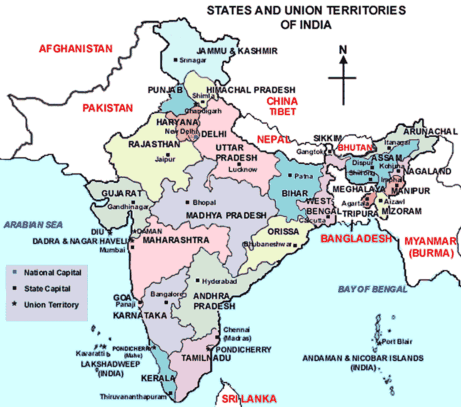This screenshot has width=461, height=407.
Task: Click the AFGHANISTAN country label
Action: coord(75,49)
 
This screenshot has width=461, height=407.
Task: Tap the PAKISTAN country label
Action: coord(107,108)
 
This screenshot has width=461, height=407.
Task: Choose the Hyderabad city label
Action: coord(218,281)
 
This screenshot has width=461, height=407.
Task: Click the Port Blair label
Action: coord(396,342)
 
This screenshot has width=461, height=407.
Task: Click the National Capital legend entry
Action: coord(52,272)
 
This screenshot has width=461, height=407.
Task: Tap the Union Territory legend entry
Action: coord(51,304)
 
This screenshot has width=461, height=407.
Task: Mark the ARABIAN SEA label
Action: coord(33,225)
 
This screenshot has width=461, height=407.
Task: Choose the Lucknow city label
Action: coord(242,169)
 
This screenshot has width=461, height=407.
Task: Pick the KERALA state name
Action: coord(157,379)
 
